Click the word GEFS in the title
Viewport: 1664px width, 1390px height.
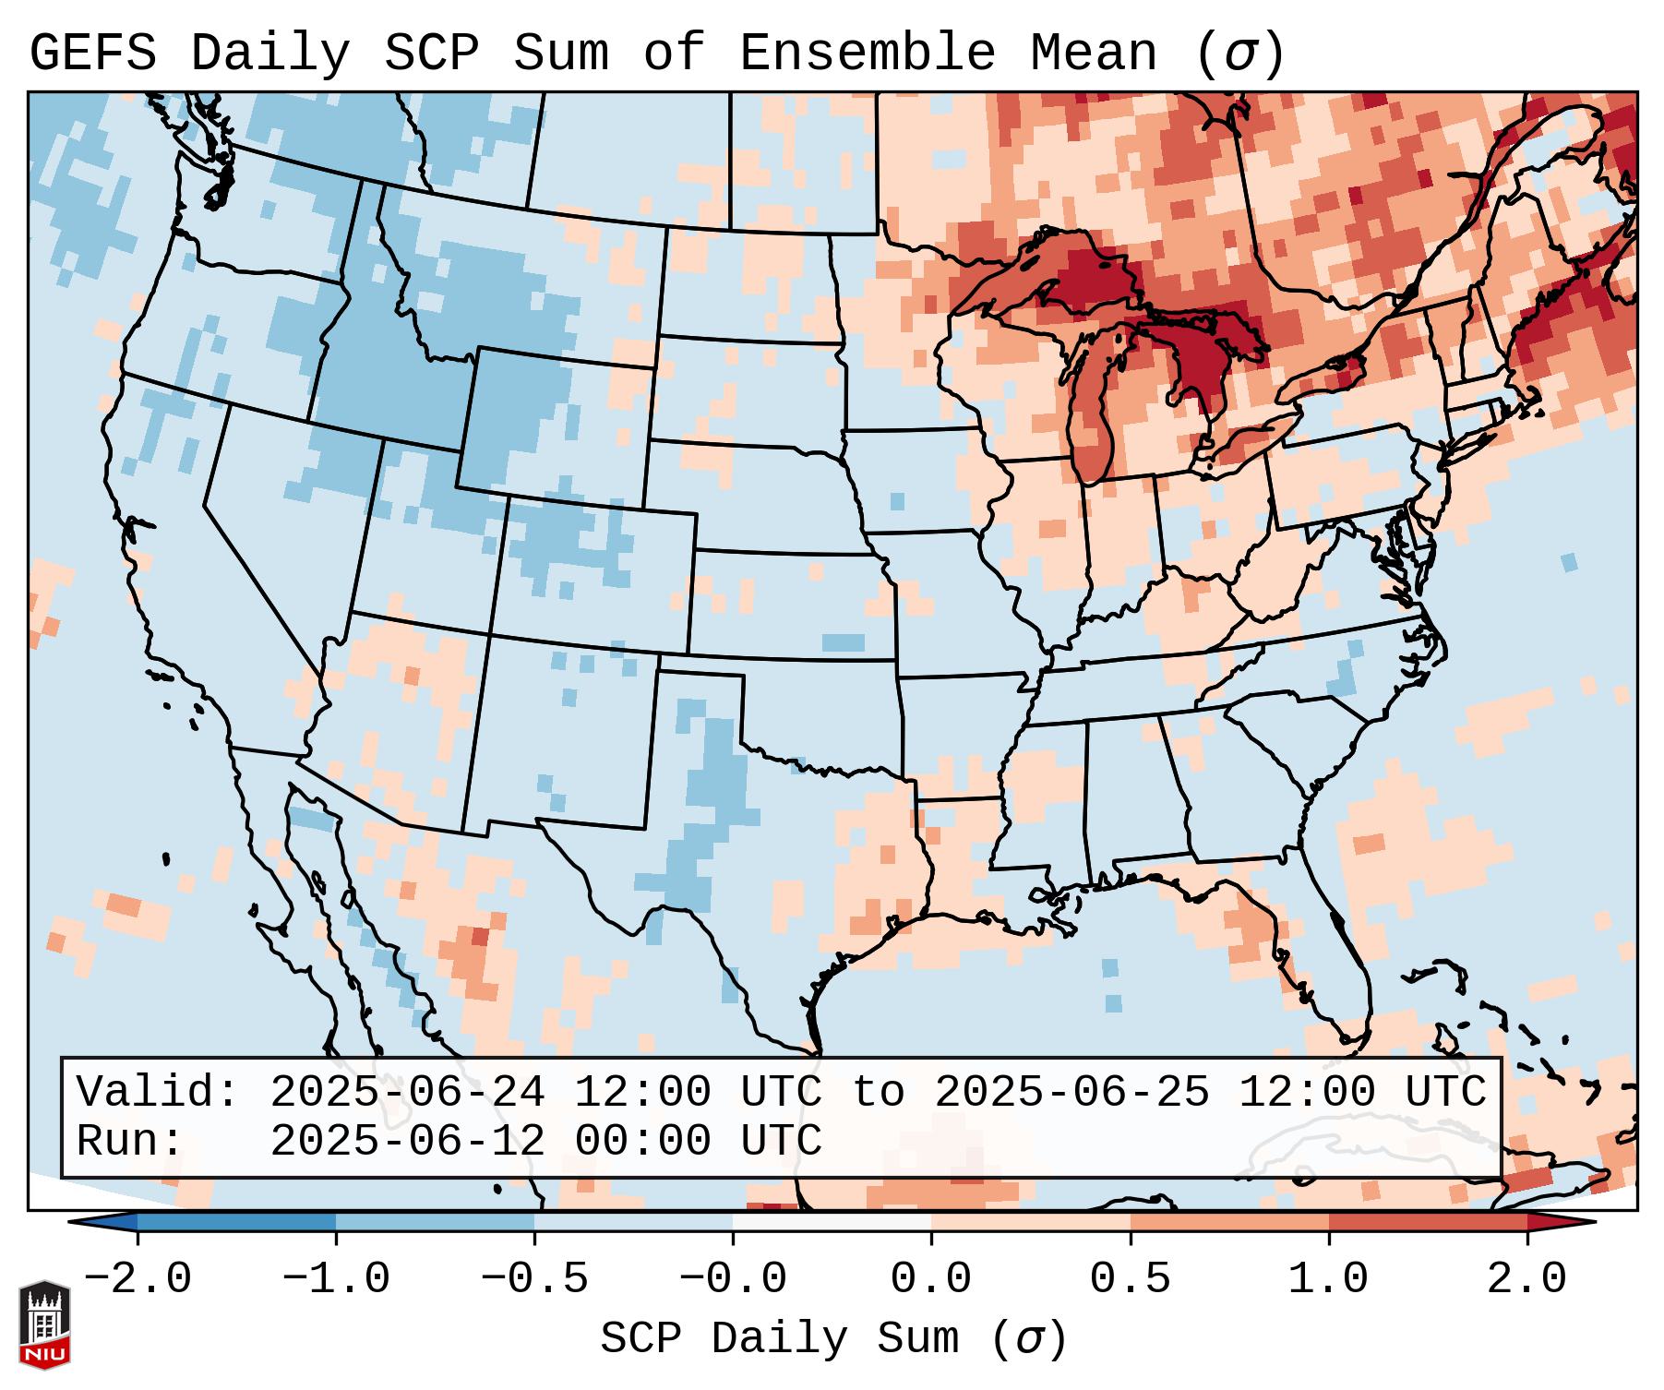tap(92, 54)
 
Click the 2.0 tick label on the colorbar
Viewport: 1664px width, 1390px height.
tap(1526, 1279)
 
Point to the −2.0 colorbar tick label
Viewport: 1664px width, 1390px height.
tap(138, 1279)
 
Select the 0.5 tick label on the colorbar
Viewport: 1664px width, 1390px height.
tap(1130, 1279)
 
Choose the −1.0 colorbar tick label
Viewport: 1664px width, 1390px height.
tap(336, 1279)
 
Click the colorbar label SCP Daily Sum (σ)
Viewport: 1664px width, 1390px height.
tap(832, 1338)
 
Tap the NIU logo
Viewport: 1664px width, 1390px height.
tap(44, 1324)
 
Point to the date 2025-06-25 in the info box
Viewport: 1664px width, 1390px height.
tap(1071, 1092)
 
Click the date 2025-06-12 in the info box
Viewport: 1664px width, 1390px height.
tap(407, 1141)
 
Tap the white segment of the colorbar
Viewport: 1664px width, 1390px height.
tap(832, 1222)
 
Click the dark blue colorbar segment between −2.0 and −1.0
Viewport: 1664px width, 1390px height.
tap(236, 1222)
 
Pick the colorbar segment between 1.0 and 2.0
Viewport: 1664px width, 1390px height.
tap(1427, 1222)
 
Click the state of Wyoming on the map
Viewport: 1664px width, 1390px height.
tap(554, 425)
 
